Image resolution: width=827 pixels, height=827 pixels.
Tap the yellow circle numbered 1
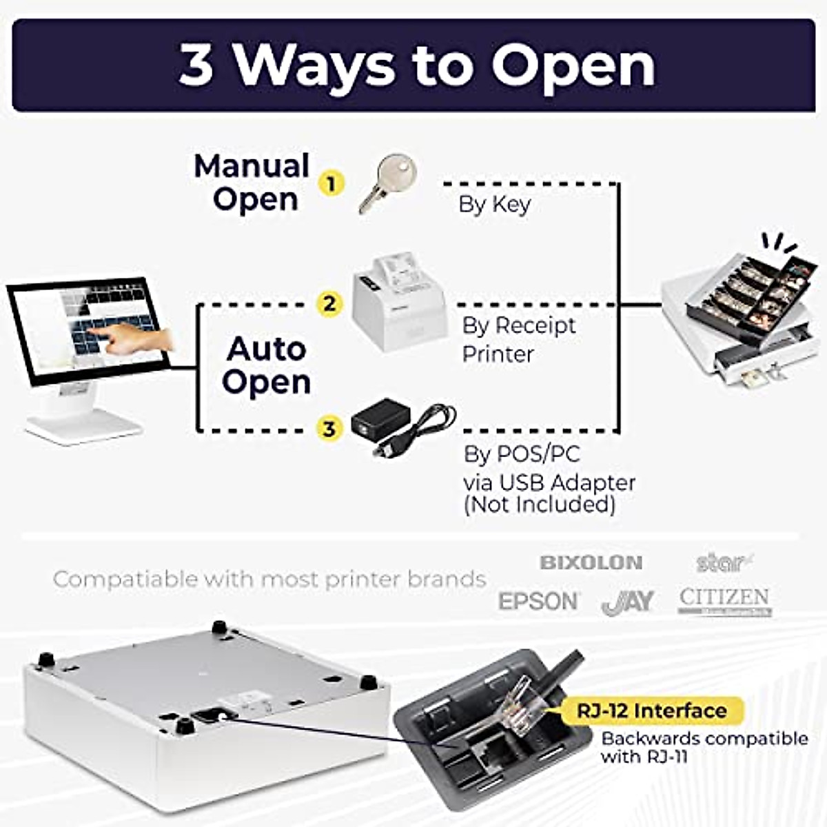331,184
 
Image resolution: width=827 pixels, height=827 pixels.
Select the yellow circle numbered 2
329,303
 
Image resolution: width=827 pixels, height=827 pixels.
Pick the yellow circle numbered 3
329,429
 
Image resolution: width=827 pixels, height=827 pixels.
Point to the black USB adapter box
381,418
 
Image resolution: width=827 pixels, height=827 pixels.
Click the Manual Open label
252,183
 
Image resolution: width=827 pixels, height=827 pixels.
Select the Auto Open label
267,365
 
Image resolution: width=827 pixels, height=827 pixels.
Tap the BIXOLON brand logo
591,562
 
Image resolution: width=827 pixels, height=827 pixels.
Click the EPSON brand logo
539,601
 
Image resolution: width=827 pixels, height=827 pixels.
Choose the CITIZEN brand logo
724,600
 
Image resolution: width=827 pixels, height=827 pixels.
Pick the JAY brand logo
627,602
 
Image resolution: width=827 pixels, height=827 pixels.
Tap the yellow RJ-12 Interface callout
651,711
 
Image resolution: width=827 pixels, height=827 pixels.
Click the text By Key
494,205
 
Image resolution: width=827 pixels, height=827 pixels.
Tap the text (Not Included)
539,505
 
